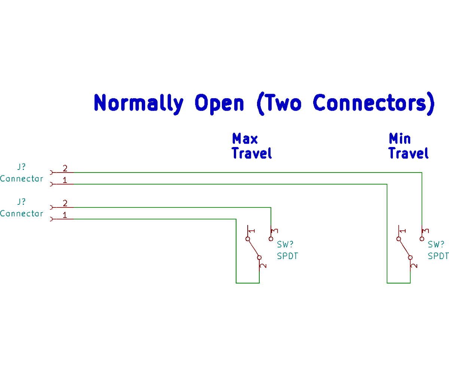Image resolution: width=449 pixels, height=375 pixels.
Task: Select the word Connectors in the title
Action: pos(369,102)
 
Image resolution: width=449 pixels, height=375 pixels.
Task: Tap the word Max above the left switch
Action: pos(245,139)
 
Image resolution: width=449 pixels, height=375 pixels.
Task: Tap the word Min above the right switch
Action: pos(400,139)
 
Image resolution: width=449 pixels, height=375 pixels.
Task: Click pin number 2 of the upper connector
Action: pos(65,168)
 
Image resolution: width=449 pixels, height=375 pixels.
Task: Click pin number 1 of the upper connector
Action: pos(65,180)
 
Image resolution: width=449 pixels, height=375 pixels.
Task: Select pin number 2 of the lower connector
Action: pos(65,203)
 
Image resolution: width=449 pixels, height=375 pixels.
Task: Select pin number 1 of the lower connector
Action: pos(65,215)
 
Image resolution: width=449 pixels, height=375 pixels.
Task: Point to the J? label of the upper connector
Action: pos(21,166)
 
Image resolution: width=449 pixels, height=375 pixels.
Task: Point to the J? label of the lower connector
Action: pos(21,201)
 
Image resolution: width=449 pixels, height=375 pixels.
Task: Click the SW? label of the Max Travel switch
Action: pos(285,244)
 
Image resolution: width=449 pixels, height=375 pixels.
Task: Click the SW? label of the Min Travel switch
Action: pos(436,244)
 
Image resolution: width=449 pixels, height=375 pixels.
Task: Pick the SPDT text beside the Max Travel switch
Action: pos(287,256)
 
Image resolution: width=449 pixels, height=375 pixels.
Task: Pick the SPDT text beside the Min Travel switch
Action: pos(438,256)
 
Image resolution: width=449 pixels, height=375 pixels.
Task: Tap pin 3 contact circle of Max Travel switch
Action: pos(271,238)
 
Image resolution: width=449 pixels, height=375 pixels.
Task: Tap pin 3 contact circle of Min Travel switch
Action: pos(422,238)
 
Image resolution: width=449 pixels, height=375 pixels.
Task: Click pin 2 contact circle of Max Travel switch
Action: pos(259,257)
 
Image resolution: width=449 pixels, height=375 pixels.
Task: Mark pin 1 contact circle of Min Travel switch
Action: pos(399,238)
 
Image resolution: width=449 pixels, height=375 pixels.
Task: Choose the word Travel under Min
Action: pos(409,153)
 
